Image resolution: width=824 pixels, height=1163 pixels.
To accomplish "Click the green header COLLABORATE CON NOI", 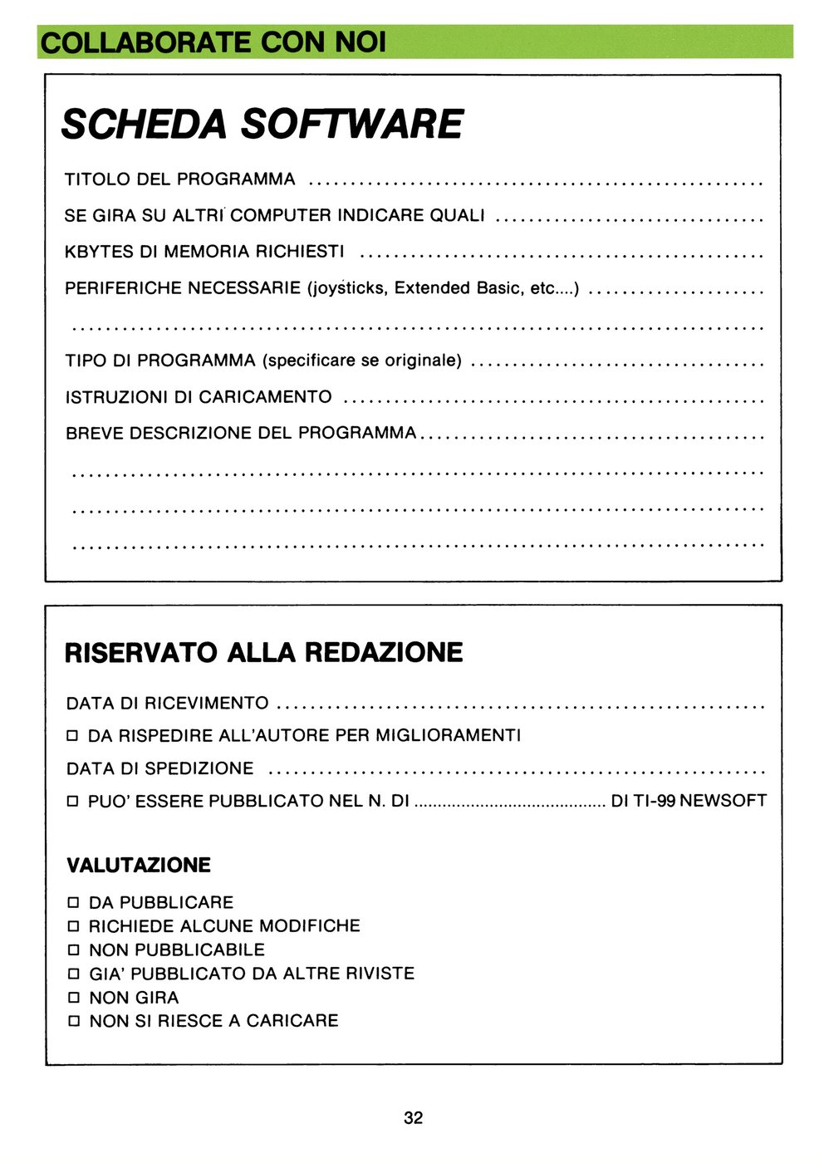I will click(213, 42).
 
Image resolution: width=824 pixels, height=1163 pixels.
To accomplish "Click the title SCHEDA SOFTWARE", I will click(262, 125).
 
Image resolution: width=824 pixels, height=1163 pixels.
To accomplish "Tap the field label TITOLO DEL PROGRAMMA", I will click(179, 179).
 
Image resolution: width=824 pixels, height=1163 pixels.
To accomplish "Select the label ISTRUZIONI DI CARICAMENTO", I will click(198, 397).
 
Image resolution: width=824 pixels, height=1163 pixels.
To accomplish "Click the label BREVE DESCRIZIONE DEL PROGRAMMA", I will click(240, 433).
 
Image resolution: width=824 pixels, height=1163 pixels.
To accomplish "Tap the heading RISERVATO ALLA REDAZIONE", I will click(263, 653).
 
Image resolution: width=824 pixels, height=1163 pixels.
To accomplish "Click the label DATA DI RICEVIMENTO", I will click(167, 704).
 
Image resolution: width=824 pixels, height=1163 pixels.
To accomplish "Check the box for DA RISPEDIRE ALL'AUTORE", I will click(72, 736).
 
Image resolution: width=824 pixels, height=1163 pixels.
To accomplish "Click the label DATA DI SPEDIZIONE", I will click(159, 769).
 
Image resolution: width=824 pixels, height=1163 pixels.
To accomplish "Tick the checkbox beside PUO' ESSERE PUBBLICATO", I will click(72, 802).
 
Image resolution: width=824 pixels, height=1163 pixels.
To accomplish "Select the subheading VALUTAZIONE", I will click(138, 866).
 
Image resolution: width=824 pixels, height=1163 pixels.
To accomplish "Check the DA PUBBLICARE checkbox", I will click(73, 903).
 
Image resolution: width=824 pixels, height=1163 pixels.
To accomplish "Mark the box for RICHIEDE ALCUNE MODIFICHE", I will click(73, 926).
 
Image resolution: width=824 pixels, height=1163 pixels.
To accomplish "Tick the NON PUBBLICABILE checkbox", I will click(73, 950).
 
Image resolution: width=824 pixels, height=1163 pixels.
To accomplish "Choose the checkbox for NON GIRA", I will click(73, 998).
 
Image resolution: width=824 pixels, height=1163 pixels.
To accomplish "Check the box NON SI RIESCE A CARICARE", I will click(73, 1021).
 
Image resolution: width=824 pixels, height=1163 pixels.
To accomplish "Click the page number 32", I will click(413, 1118).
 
